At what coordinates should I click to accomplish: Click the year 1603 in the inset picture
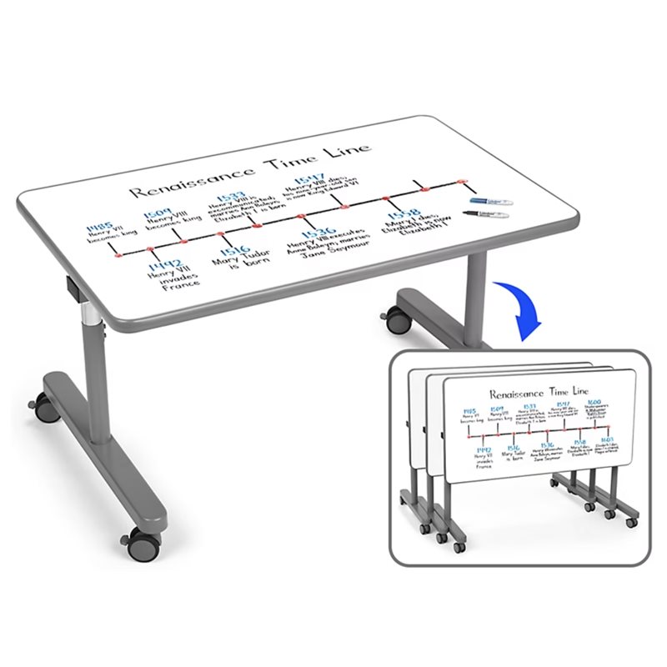click(x=606, y=439)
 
